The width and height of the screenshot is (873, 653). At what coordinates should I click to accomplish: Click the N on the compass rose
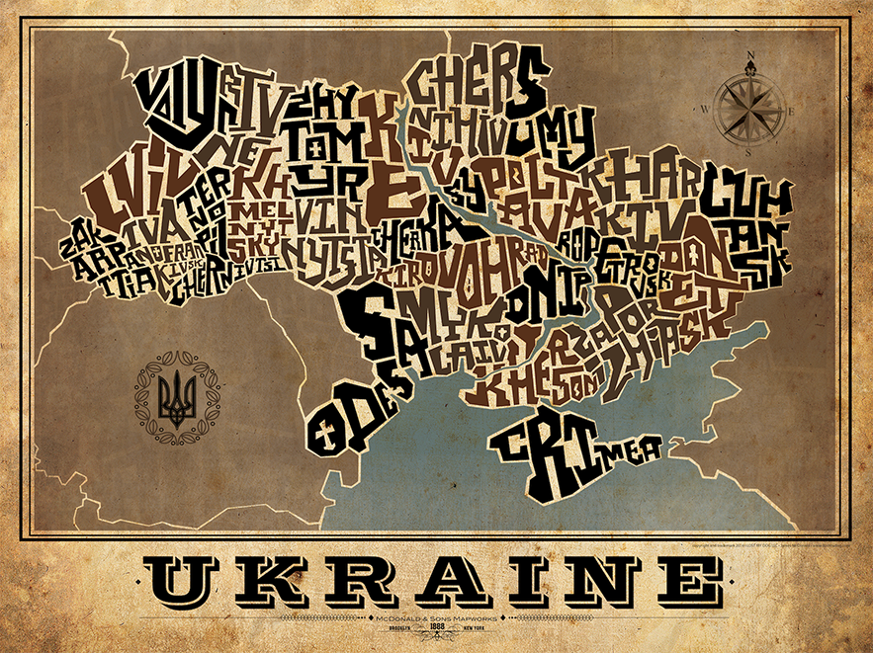pyautogui.click(x=751, y=56)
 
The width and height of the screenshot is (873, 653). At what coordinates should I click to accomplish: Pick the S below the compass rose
pyautogui.click(x=750, y=153)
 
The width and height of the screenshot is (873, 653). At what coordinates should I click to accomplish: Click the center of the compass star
pyautogui.click(x=750, y=107)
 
